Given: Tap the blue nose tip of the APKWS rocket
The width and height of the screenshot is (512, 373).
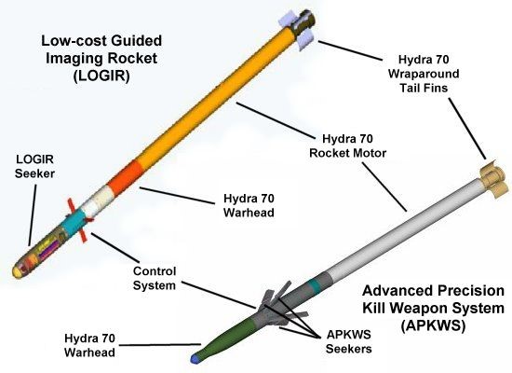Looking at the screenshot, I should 194,357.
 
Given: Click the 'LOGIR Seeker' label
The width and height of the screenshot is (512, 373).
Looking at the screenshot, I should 34,169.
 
